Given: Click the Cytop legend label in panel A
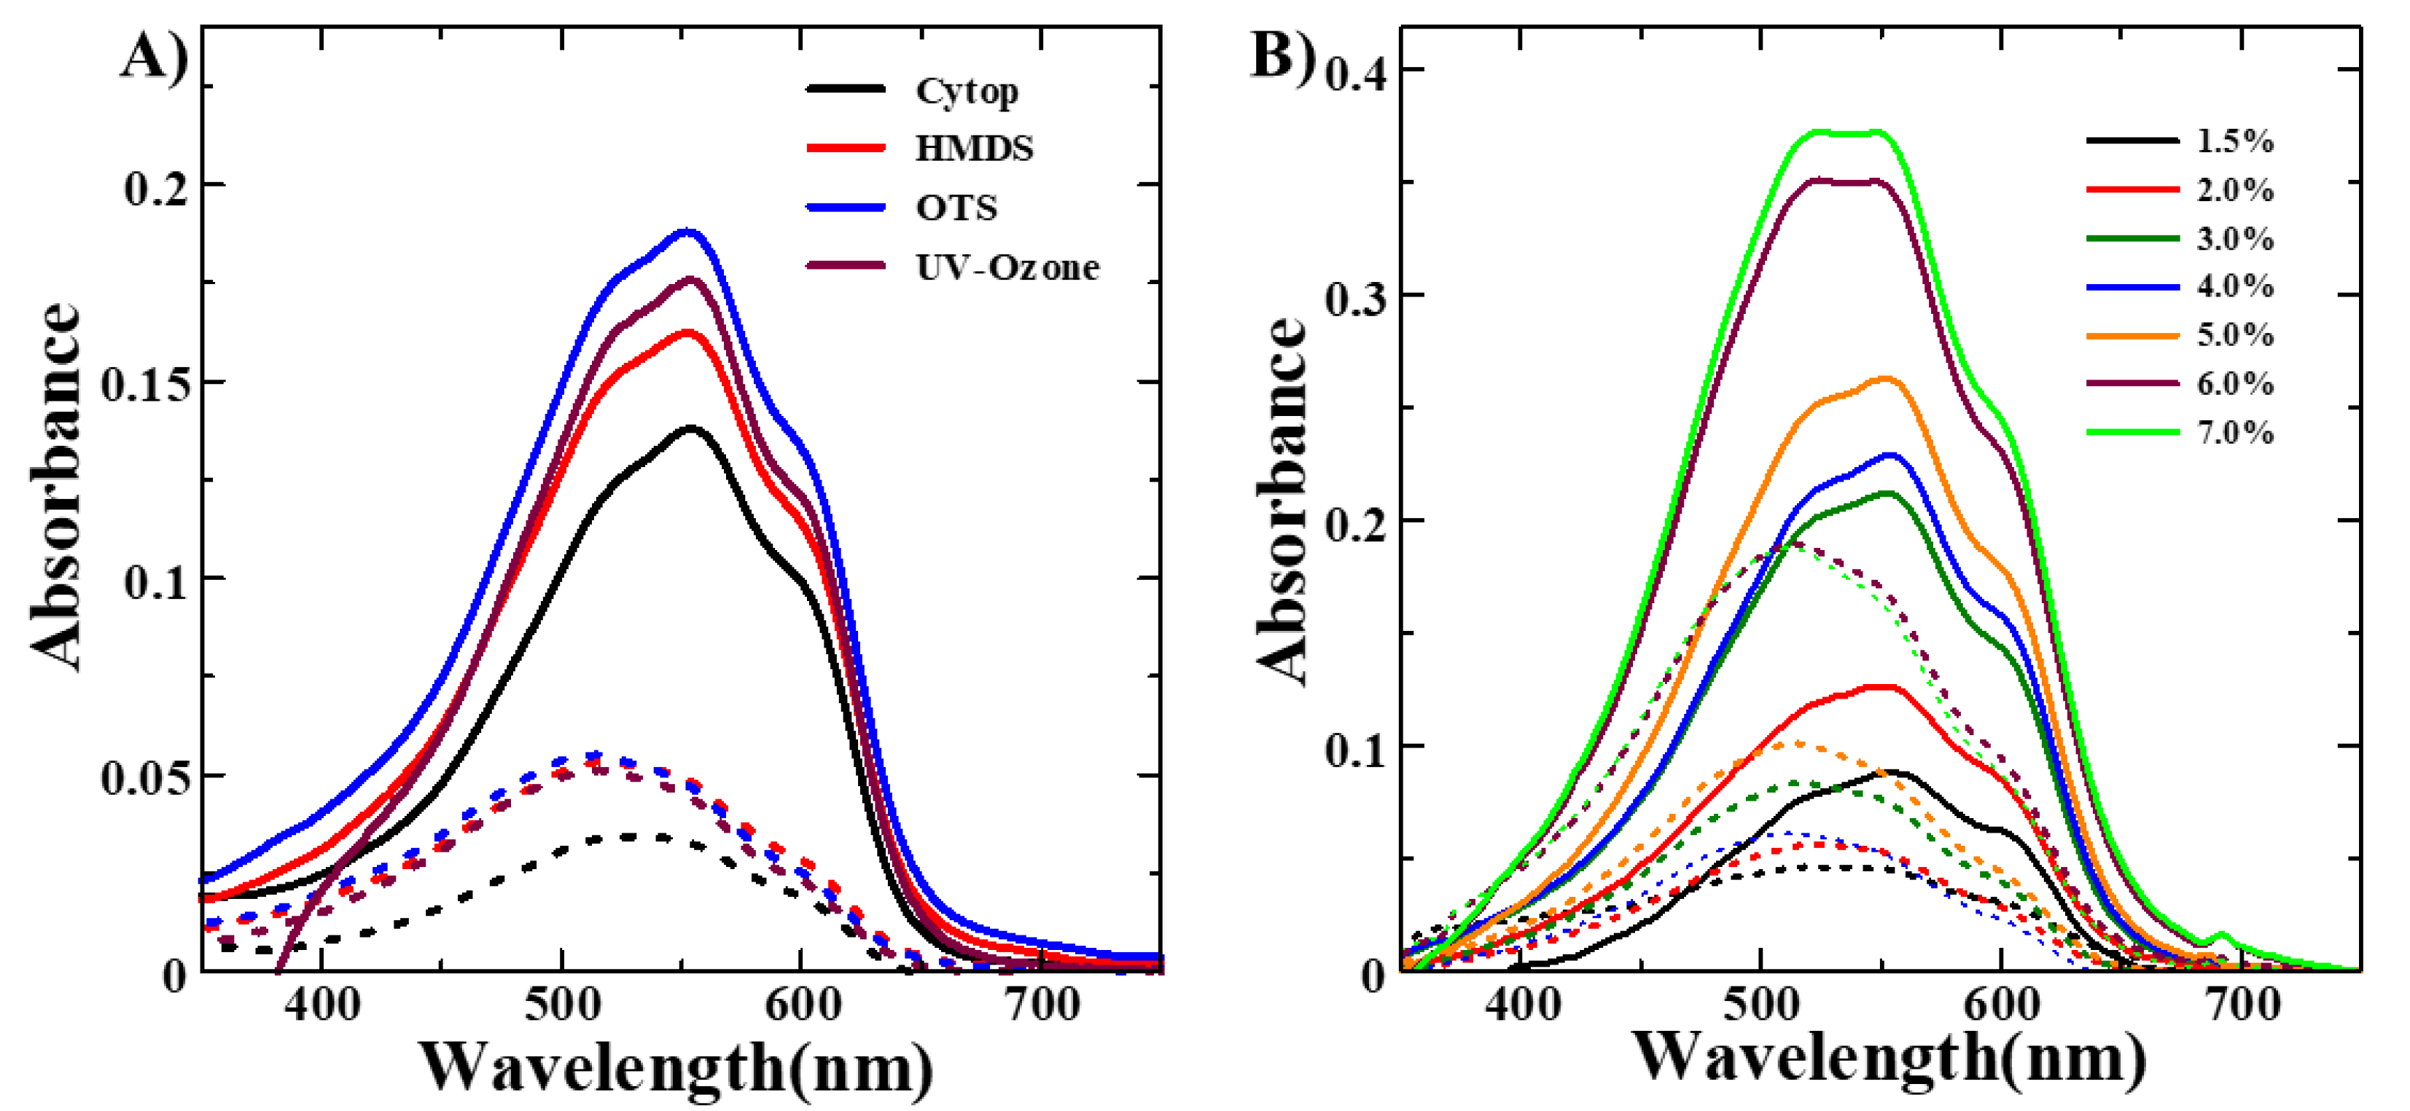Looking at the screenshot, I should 967,92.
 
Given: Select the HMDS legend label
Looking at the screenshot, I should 974,149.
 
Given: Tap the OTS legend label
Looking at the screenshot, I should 956,208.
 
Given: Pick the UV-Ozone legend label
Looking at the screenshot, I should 1007,267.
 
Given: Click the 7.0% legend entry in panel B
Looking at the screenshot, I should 2234,432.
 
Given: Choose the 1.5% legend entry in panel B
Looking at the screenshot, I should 2234,141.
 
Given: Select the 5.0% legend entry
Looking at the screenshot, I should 2234,335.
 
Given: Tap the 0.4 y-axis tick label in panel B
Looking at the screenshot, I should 1357,71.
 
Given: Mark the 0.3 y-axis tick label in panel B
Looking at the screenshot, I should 1357,297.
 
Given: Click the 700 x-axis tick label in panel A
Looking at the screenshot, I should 1040,1005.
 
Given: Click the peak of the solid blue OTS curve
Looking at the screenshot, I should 690,231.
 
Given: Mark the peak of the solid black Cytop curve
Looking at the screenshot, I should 691,428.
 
